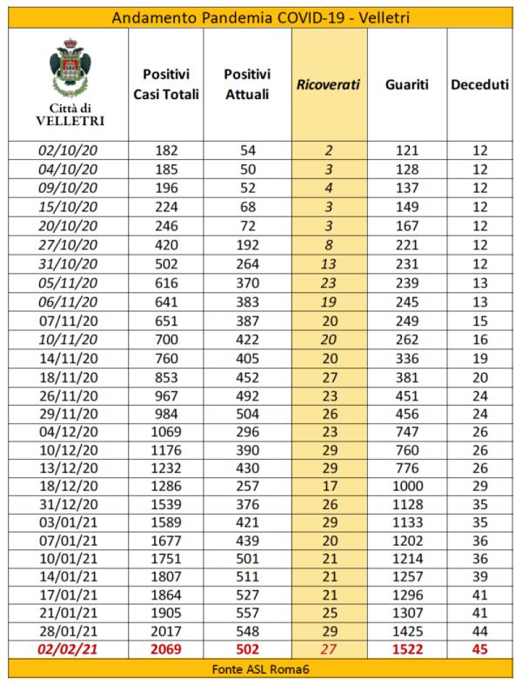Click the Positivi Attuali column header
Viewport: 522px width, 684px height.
click(247, 85)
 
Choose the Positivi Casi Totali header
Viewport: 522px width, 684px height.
click(172, 85)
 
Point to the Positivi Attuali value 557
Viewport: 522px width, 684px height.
click(247, 611)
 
